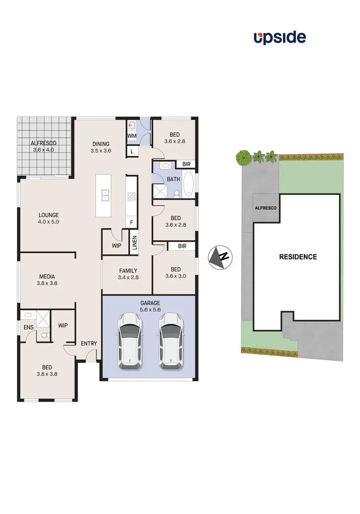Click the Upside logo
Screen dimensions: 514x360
coord(280,37)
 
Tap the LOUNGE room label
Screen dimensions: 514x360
coord(49,215)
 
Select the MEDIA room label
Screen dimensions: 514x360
coord(47,276)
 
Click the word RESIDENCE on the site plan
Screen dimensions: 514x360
coord(298,257)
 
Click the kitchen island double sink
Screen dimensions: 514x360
coord(106,196)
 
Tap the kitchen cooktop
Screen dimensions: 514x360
coord(132,196)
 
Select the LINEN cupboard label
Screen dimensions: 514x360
coord(134,242)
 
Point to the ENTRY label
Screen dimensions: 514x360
coord(89,343)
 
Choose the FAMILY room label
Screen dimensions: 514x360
coord(128,270)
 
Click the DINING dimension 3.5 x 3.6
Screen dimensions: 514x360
coord(101,150)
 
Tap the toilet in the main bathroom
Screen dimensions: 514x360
coord(177,194)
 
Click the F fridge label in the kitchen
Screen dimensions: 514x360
coord(132,222)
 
